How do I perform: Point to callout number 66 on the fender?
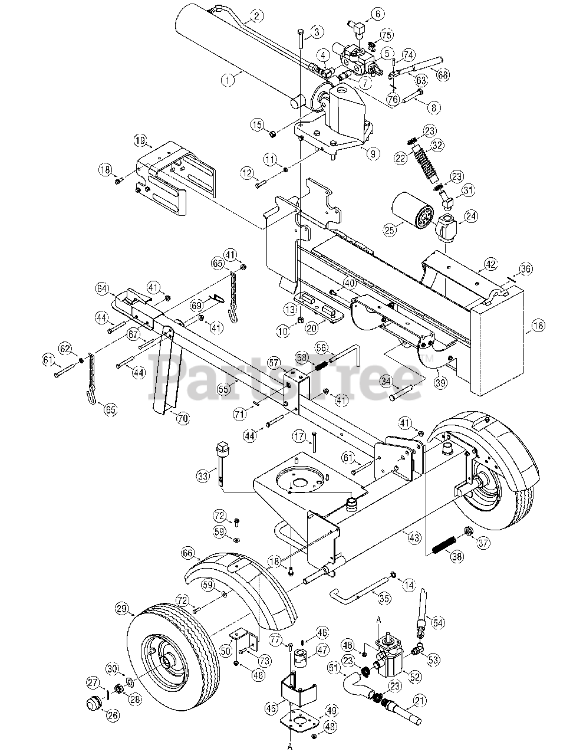pyautogui.click(x=187, y=553)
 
